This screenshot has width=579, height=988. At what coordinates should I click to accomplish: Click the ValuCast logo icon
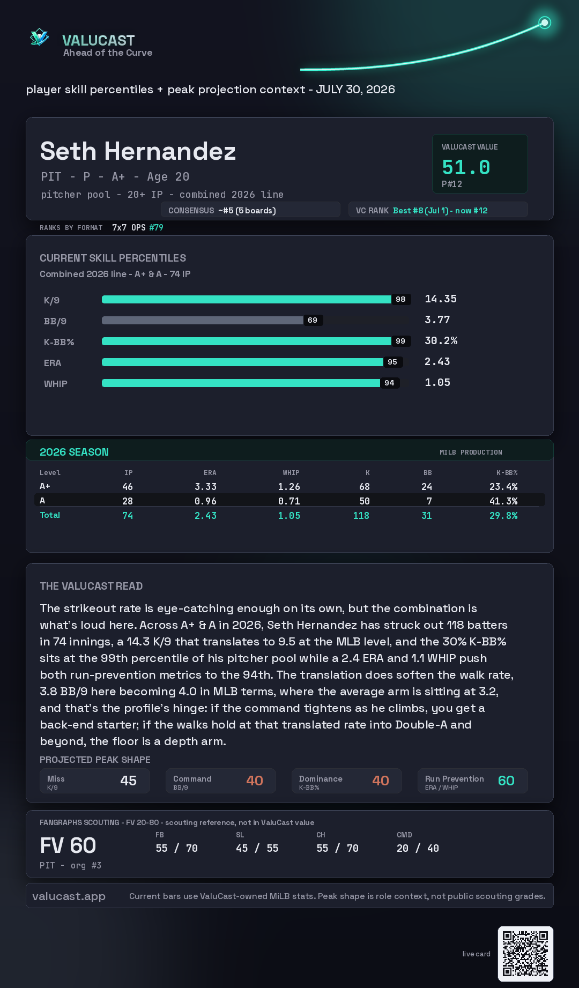point(39,37)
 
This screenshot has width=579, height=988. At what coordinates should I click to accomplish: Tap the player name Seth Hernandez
point(138,151)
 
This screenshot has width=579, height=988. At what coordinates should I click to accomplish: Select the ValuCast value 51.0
point(466,167)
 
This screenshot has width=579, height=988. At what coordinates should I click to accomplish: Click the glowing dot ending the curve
point(545,23)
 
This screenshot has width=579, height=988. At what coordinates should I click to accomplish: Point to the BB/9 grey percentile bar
point(203,320)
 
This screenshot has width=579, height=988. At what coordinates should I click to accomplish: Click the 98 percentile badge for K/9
point(400,299)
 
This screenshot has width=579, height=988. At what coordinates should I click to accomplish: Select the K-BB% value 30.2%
point(441,341)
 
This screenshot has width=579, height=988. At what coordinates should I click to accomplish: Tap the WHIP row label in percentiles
point(56,384)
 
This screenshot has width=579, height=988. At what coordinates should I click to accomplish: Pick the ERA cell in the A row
point(205,501)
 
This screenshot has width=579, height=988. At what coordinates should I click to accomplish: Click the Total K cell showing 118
point(361,515)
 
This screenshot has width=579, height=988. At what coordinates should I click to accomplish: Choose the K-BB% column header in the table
point(507,473)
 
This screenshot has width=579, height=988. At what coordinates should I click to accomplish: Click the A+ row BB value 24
point(427,487)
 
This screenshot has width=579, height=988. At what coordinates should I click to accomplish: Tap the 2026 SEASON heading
point(74,452)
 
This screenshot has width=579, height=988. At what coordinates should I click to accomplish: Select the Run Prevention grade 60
point(506,781)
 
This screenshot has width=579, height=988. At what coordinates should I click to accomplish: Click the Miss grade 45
point(128,781)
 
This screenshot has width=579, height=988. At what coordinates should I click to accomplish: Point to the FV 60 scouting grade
point(68,845)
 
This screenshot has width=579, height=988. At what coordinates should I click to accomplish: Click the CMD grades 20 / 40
point(418,848)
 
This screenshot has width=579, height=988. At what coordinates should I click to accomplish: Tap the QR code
point(525,954)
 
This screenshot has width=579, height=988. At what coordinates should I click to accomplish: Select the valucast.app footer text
point(69,896)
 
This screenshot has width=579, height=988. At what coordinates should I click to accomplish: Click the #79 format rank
point(156,227)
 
